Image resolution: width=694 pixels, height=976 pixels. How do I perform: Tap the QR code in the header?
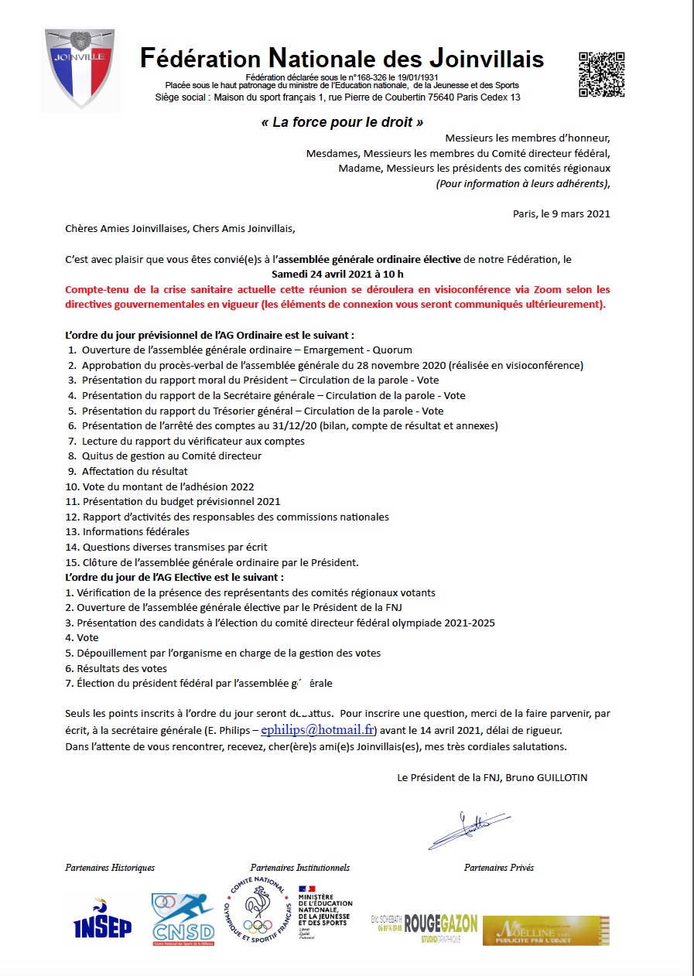point(601,74)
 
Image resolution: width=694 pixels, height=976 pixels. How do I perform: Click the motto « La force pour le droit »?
point(342,122)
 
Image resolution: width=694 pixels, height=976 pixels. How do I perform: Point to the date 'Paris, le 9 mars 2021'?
point(561,213)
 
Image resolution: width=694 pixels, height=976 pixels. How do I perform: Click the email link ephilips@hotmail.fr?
point(317,729)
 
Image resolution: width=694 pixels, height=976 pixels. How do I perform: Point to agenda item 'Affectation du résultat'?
point(135,471)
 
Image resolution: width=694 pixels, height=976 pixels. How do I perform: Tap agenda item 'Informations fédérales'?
point(135,531)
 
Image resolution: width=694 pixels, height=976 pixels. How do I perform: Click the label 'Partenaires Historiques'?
point(110,868)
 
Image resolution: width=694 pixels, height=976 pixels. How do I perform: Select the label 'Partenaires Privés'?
point(499,868)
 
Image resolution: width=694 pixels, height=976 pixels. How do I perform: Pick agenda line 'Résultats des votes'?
point(121,668)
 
